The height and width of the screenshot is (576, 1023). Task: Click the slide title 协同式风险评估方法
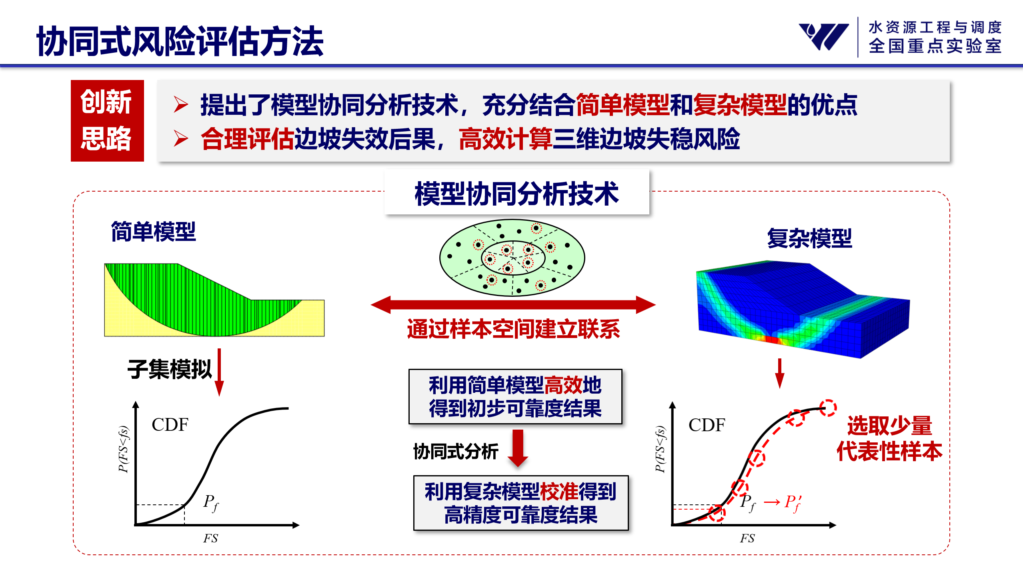180,41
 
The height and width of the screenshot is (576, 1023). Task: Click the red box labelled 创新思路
107,120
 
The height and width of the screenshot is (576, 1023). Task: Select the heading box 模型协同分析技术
517,192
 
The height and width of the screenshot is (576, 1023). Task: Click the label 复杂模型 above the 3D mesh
809,238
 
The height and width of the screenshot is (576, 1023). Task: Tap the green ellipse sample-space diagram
512,258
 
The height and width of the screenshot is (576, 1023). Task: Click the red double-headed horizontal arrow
513,305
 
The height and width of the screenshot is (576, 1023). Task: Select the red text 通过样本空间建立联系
513,329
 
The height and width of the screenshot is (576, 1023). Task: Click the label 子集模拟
169,369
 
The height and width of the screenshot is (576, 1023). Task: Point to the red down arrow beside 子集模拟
219,372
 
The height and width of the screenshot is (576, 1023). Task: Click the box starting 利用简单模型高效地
515,396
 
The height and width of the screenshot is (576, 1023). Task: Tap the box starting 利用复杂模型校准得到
521,503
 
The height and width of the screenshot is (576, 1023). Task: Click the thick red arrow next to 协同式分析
518,448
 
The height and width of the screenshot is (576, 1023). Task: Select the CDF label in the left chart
170,424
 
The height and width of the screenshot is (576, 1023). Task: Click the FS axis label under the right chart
747,538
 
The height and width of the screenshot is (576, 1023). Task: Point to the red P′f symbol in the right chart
793,503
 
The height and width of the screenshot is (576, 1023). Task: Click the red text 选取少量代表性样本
889,438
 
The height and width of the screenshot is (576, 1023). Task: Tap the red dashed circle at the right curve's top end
828,408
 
